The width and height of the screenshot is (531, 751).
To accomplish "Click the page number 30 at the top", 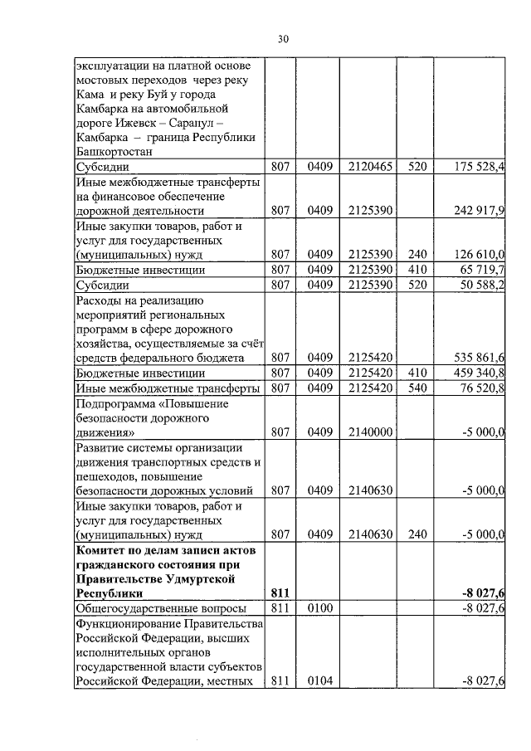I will coord(282,39).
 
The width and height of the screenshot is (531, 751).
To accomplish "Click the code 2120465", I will coord(370,167).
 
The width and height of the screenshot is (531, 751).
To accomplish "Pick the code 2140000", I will coord(370,432).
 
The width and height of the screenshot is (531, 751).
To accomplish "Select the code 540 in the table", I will coord(417,388).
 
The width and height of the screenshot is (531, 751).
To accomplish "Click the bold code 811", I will coord(284,593).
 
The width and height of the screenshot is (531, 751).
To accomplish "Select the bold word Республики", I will coord(108,593).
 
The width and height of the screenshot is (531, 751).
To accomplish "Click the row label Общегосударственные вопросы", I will coord(159,608).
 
